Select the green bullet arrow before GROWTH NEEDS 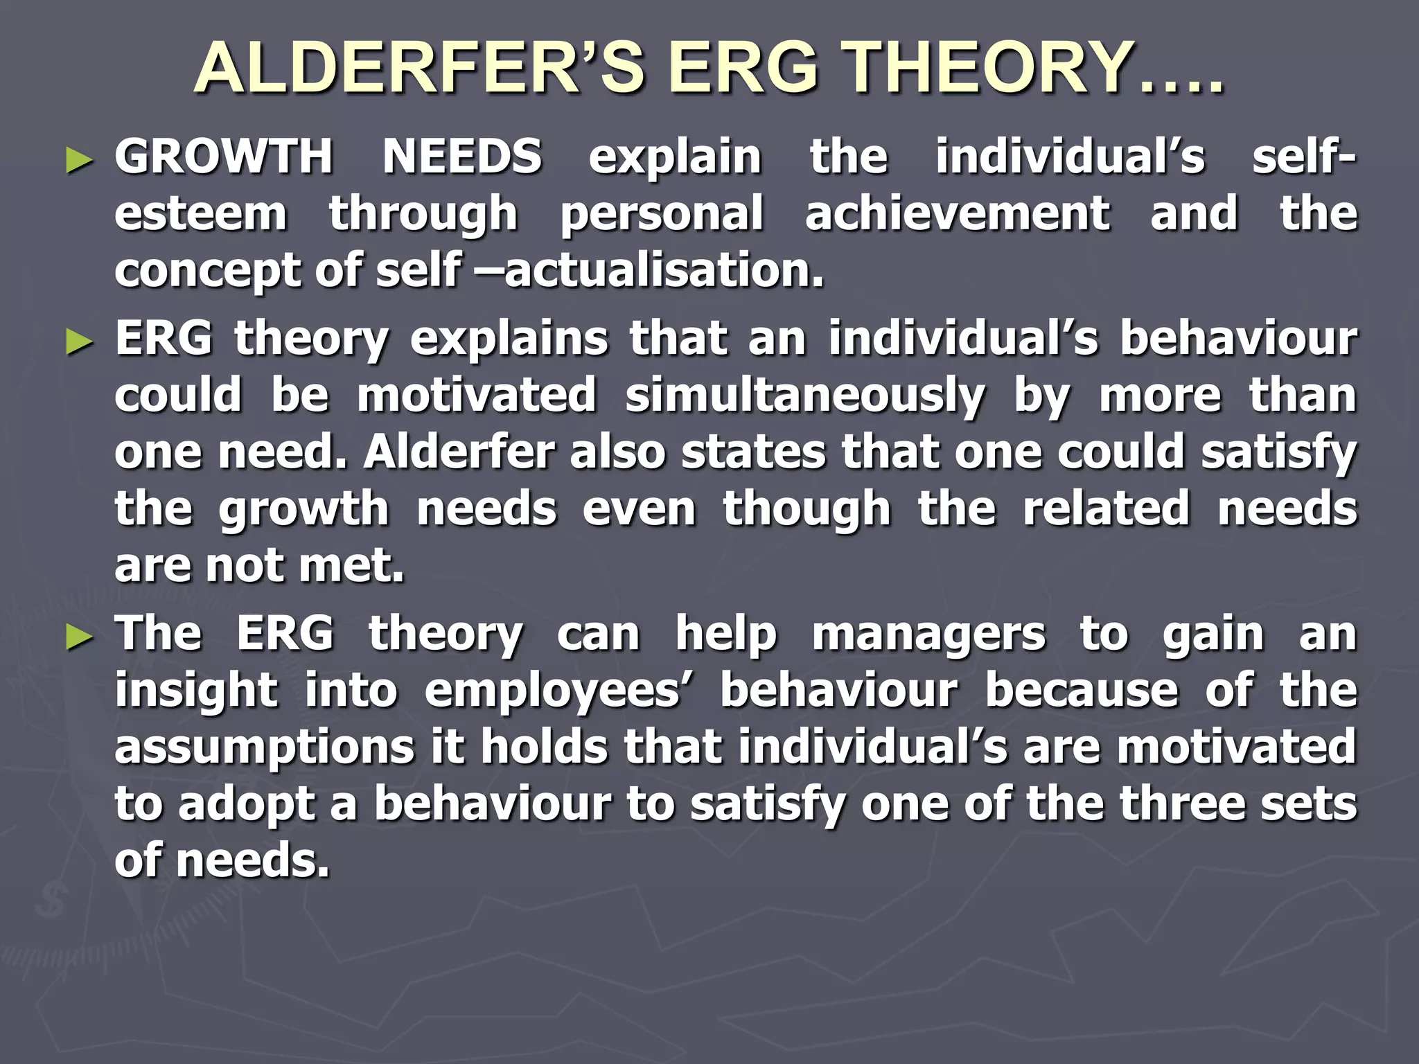pos(79,161)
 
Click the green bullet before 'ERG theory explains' pos(79,342)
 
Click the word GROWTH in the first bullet pos(224,157)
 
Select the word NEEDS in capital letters pos(462,157)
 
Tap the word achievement pos(958,213)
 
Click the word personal pos(662,215)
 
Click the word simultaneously pos(804,396)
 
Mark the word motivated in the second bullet pos(477,396)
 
